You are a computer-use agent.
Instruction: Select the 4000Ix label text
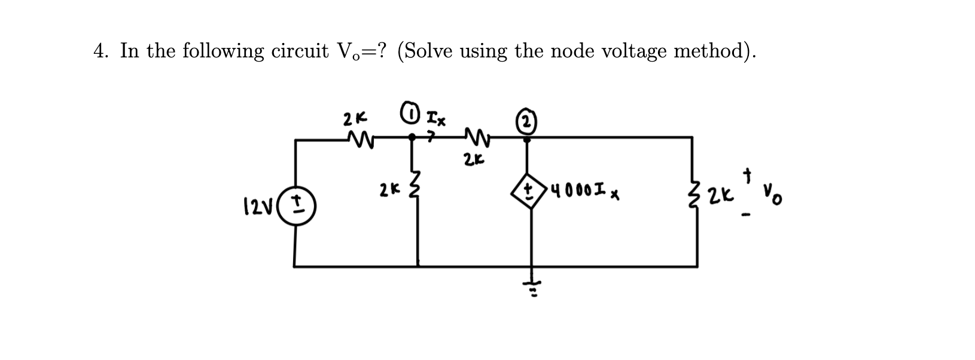pos(584,194)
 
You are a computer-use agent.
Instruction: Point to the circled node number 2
pos(526,121)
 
